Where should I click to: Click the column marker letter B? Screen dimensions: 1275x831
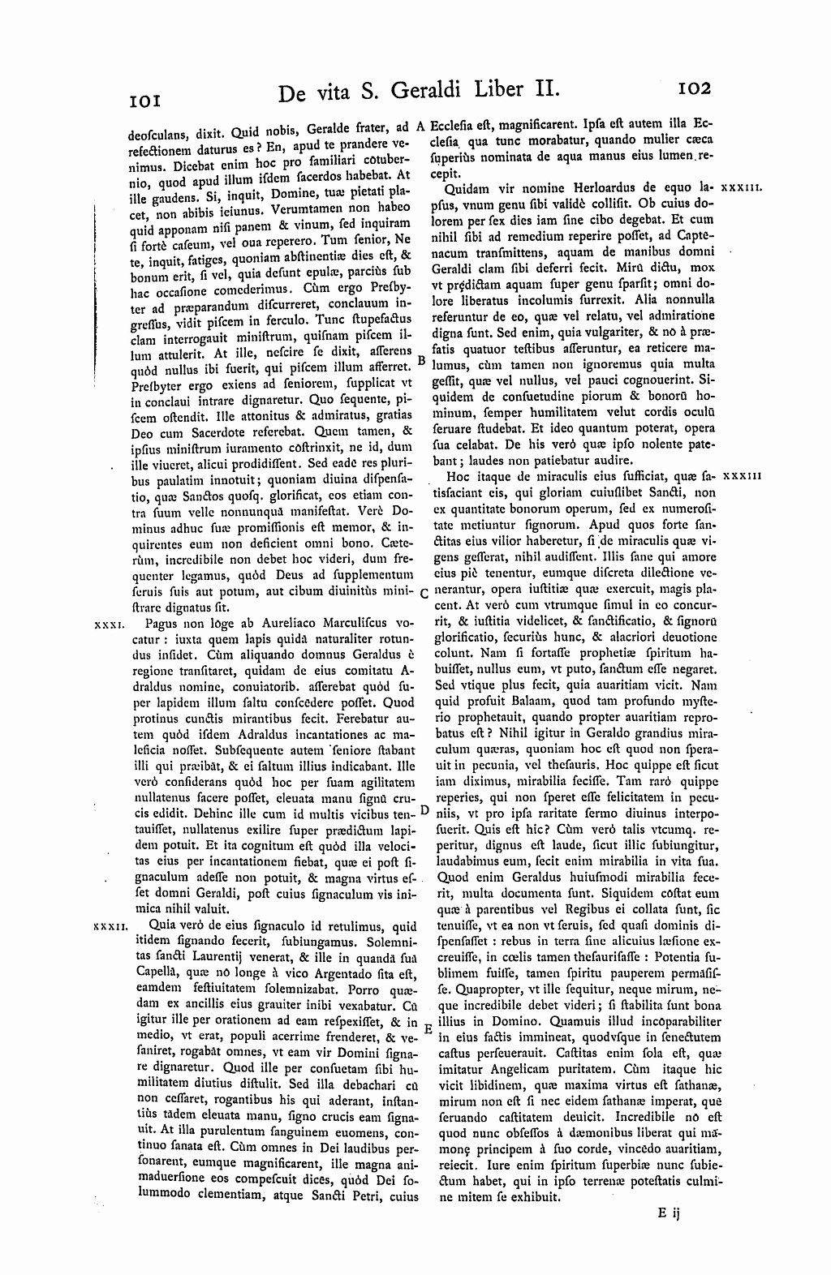click(420, 359)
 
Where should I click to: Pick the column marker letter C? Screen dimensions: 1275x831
click(424, 592)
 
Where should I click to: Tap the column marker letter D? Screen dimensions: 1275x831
click(424, 810)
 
